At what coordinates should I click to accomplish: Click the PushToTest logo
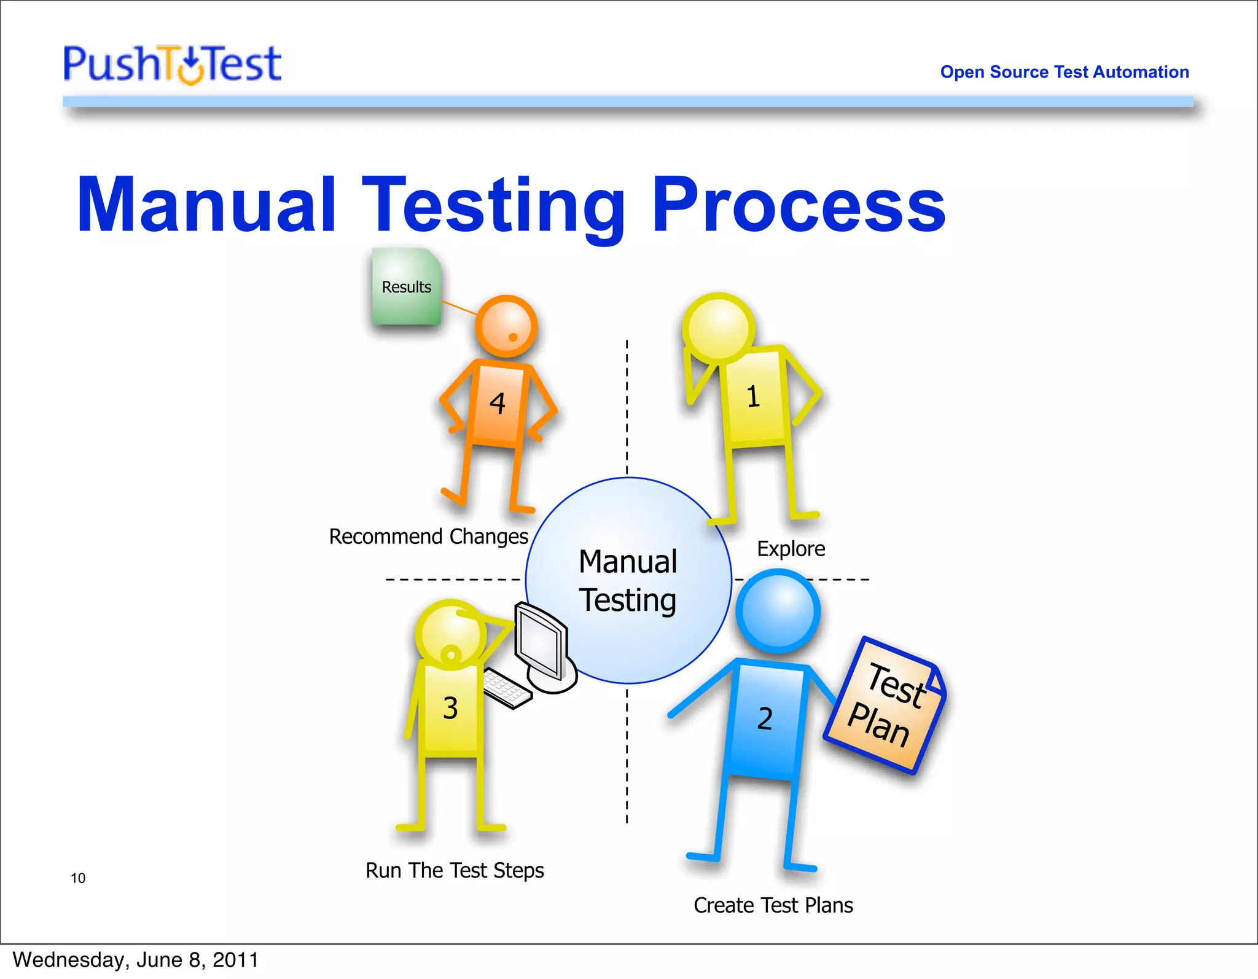coord(172,64)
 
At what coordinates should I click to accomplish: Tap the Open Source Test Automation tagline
coord(1064,72)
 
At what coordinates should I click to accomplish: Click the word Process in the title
coord(798,205)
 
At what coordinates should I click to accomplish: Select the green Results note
coord(406,286)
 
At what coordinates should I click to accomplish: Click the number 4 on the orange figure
coord(498,403)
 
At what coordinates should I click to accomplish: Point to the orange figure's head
coord(507,326)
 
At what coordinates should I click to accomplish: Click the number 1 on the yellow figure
coord(753,396)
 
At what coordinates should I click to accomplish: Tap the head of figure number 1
coord(719,328)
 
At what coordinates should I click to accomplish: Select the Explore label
coord(791,548)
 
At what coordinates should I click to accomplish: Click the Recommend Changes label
coord(428,537)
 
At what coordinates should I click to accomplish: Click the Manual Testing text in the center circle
coord(628,581)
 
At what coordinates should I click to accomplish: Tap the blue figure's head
coord(778,610)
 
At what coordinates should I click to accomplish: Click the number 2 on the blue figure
coord(765,718)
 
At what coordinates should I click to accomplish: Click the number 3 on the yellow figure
coord(450,708)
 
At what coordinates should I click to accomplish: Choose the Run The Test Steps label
coord(455,870)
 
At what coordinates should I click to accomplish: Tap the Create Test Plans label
coord(773,905)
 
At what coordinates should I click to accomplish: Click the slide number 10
coord(78,878)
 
